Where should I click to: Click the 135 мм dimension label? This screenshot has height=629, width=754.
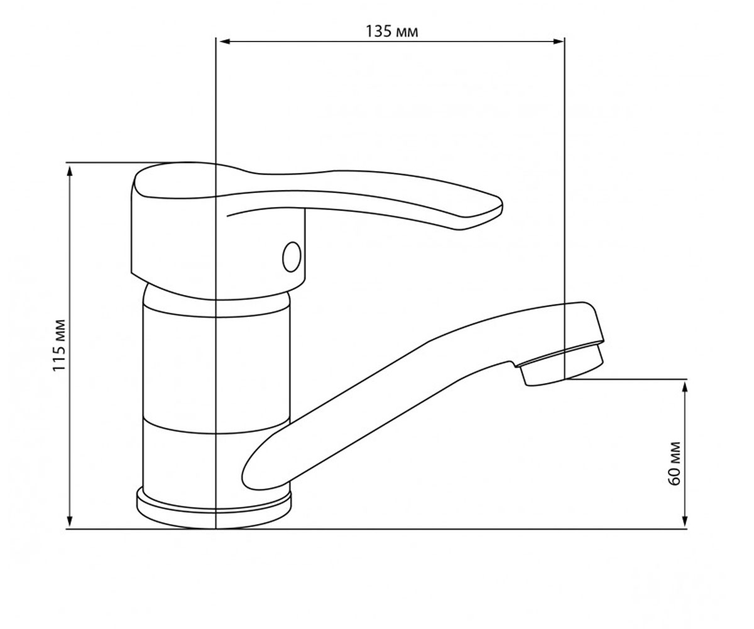[392, 32]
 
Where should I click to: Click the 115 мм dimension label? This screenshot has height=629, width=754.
[59, 345]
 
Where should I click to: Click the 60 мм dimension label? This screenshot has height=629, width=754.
[674, 464]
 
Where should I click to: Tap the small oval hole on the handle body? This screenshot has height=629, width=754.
[292, 257]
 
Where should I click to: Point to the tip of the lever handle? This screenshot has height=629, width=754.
[501, 206]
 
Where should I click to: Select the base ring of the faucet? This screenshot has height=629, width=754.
[214, 508]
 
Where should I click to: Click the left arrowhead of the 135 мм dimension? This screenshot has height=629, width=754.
[224, 42]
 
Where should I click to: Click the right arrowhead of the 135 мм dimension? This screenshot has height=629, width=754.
[559, 42]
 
